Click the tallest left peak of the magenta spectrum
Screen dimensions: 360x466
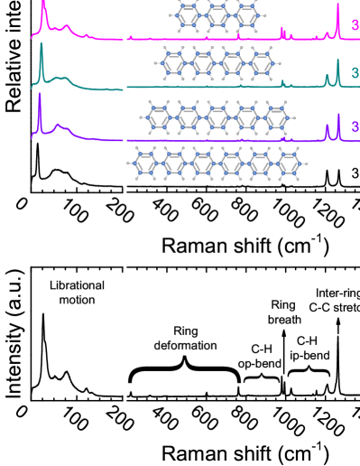click(x=43, y=5)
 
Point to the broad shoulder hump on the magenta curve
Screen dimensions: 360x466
click(x=66, y=27)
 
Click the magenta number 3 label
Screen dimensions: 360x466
click(x=355, y=26)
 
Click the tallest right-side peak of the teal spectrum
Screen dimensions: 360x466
click(x=338, y=63)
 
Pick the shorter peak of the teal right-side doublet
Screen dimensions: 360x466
click(x=327, y=78)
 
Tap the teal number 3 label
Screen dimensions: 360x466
click(x=355, y=73)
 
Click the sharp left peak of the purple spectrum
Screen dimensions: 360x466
click(x=40, y=96)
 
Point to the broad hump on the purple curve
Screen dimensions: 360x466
click(x=60, y=126)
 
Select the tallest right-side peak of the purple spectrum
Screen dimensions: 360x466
click(x=338, y=116)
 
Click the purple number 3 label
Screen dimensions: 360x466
click(x=355, y=127)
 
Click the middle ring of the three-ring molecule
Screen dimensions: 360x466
click(x=217, y=15)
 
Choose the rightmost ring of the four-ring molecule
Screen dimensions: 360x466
click(x=263, y=63)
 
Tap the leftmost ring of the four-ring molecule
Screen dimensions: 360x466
click(x=172, y=63)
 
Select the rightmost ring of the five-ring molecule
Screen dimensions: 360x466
click(x=277, y=116)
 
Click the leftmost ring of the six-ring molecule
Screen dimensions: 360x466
click(x=144, y=163)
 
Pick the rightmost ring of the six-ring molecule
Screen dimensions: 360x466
click(x=290, y=163)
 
